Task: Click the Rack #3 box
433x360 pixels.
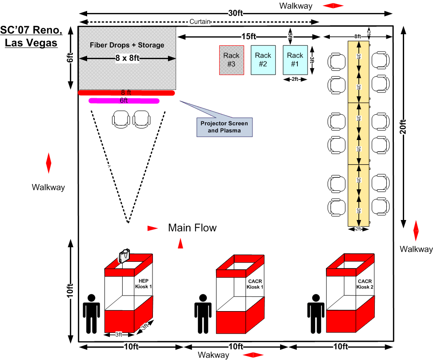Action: [232, 60]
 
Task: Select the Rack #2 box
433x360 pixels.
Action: [263, 60]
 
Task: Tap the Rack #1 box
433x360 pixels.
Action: [295, 60]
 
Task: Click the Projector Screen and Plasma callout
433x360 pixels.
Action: [224, 127]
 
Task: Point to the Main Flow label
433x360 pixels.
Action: [192, 228]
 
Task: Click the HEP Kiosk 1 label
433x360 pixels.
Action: [143, 284]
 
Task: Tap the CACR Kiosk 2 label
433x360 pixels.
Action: [365, 284]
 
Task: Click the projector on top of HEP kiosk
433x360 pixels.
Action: [124, 256]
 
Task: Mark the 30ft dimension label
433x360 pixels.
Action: [236, 13]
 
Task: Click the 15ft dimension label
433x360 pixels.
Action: [249, 36]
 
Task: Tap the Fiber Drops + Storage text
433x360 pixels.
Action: [127, 45]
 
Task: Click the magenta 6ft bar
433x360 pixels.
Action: [124, 101]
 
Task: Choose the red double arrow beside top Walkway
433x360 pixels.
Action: [333, 6]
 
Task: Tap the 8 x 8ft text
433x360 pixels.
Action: [127, 58]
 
